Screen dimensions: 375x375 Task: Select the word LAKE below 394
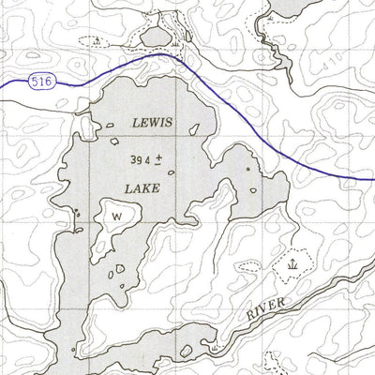141,188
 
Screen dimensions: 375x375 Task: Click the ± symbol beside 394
159,160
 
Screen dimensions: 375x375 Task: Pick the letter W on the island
117,216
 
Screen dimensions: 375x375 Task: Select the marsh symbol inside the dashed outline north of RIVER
293,267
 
